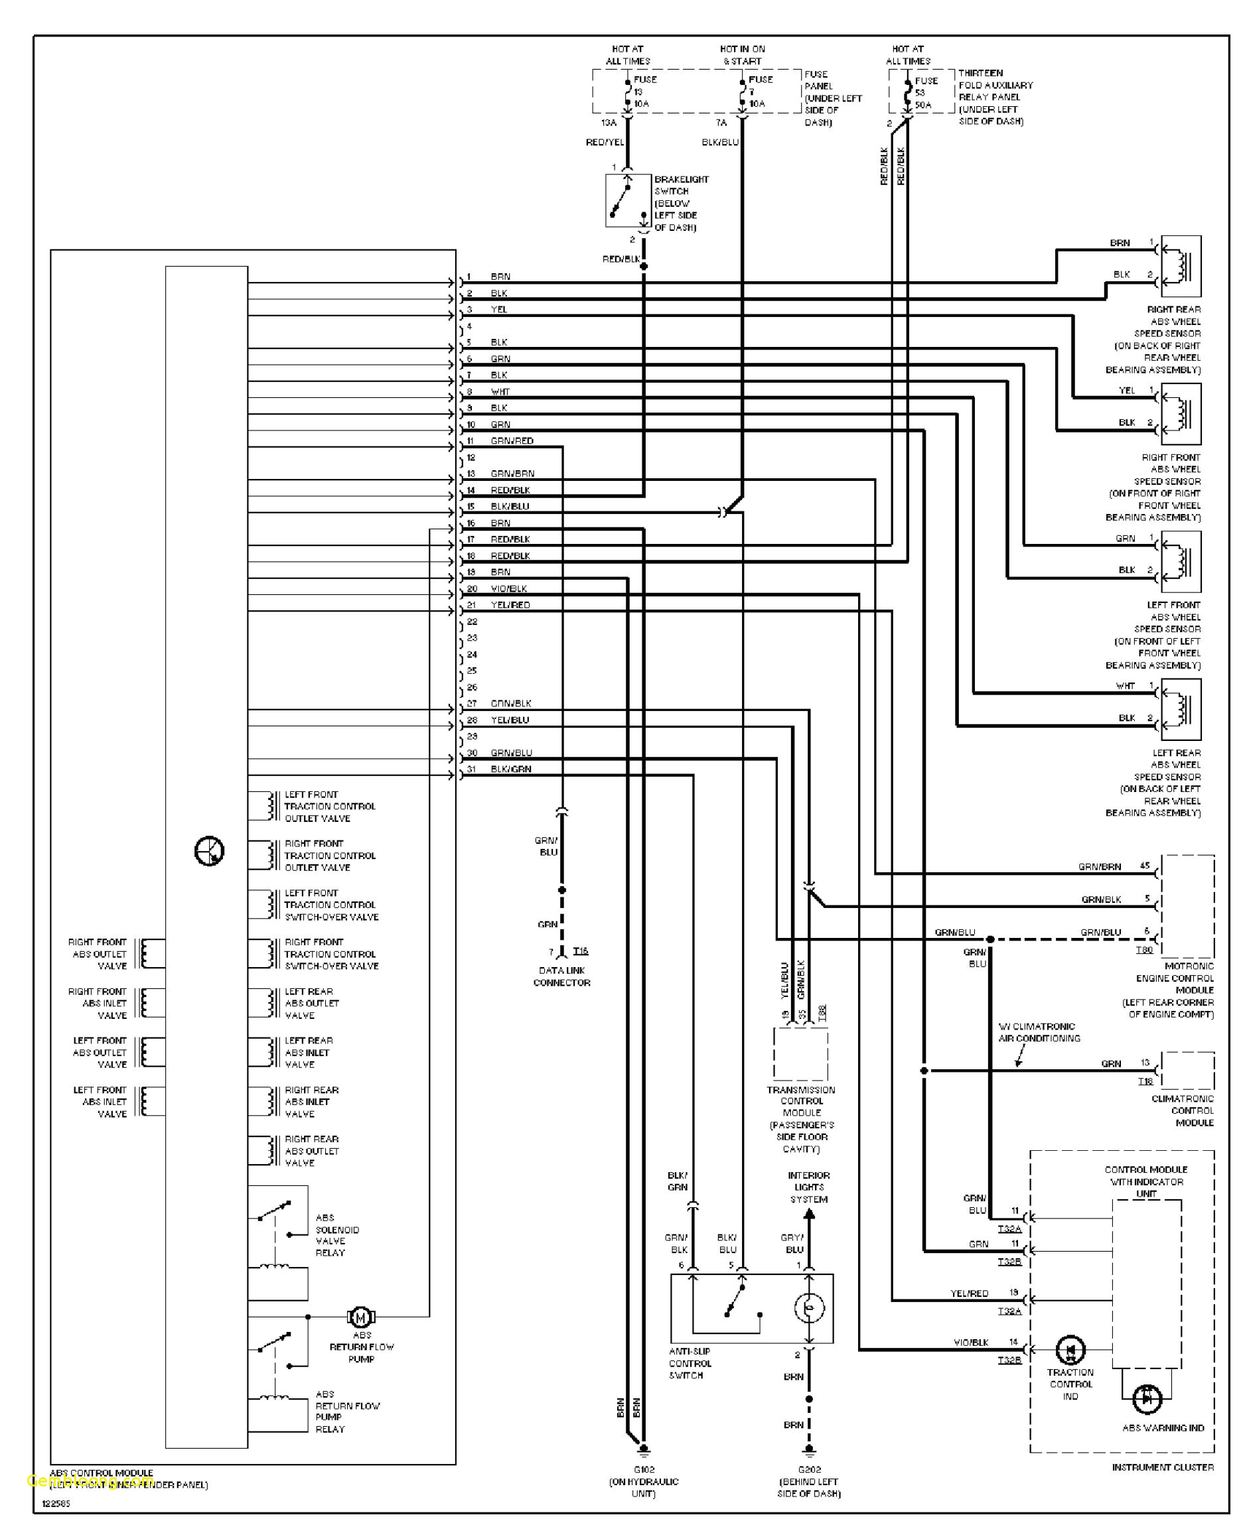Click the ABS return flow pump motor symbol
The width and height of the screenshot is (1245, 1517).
(361, 1317)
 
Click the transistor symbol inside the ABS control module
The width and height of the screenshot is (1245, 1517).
(210, 851)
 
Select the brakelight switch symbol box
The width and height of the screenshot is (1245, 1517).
(628, 200)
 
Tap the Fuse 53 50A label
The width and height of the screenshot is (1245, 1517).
(923, 92)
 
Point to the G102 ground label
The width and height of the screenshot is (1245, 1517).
(643, 1469)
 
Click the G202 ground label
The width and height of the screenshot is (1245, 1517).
(809, 1469)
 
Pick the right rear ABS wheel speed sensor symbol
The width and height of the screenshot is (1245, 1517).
(1181, 266)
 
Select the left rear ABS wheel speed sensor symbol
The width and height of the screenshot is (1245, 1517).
(1181, 710)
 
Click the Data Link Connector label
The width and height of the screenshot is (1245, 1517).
(561, 976)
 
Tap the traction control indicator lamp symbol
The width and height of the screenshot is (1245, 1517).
(1070, 1350)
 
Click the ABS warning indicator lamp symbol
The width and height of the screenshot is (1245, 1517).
(1147, 1399)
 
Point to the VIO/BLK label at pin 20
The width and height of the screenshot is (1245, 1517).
(509, 588)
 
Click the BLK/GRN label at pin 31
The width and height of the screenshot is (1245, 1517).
(510, 769)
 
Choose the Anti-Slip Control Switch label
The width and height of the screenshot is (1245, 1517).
(690, 1363)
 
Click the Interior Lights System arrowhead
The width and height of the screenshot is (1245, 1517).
(809, 1214)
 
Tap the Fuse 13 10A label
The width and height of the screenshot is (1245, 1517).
(641, 92)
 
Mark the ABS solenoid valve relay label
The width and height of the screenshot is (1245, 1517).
(336, 1234)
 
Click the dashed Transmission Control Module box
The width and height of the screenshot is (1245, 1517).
(800, 1054)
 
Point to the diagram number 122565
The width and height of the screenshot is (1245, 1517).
(56, 1503)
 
